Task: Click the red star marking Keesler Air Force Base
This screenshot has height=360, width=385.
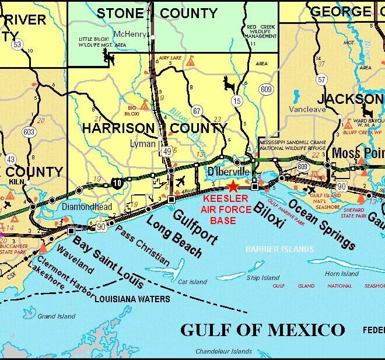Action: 233,187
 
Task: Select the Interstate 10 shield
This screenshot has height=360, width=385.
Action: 118,183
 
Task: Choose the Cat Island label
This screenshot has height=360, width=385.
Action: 192,282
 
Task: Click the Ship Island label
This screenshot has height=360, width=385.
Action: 262,278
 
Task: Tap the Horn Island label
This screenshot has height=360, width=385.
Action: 341,274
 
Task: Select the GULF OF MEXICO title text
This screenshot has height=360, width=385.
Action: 262,329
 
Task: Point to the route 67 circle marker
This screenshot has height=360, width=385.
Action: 197,111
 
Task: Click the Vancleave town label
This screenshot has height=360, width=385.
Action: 307,109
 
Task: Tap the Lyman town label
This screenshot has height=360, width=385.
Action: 143,144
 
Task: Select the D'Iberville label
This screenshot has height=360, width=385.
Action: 228,173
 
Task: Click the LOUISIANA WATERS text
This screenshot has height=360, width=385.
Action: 132,299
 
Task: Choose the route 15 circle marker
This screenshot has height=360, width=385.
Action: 237,102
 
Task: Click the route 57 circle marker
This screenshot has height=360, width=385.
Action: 321,79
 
